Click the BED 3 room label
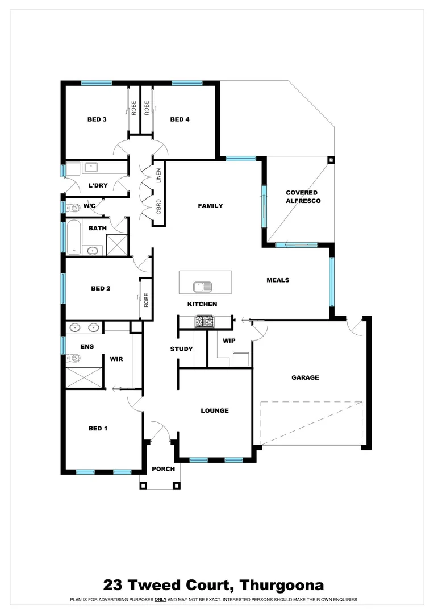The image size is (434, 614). point(97,119)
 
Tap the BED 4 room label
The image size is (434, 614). point(180,119)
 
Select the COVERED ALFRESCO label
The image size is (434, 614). point(303,197)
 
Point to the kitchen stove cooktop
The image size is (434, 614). point(205,322)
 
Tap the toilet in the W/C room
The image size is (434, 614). point(73,207)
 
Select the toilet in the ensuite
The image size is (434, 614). point(73,358)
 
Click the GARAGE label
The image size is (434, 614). point(305,377)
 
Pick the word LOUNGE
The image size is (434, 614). point(215,410)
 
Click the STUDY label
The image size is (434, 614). point(181,349)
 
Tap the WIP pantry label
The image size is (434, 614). point(229,341)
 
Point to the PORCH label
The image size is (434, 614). point(163,469)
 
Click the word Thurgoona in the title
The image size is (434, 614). point(282,585)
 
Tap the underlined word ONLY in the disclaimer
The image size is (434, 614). point(161,600)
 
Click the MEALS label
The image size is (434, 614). point(278,280)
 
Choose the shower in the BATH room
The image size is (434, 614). point(118,245)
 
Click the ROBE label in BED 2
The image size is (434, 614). point(146,299)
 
